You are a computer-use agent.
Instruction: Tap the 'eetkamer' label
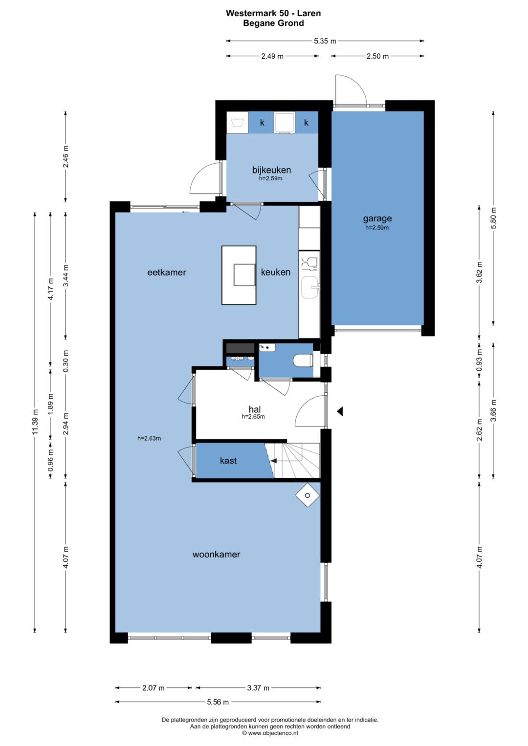tap(167, 272)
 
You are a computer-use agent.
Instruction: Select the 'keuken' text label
tap(275, 272)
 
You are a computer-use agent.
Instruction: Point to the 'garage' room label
tap(377, 218)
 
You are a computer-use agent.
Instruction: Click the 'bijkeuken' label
tap(271, 170)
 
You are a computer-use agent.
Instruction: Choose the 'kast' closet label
tap(228, 461)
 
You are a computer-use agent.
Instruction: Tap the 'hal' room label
tap(255, 409)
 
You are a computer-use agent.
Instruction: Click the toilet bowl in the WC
tap(303, 360)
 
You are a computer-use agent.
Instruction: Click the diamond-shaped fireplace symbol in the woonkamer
tap(308, 495)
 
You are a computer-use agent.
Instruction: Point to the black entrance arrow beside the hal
tap(340, 411)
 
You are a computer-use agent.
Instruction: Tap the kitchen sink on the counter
tap(309, 287)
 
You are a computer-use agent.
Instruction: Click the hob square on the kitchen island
tap(244, 275)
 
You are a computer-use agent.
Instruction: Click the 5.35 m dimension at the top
tap(325, 41)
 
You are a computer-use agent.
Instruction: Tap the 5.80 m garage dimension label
tap(493, 218)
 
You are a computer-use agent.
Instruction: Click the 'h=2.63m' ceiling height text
tap(149, 438)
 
